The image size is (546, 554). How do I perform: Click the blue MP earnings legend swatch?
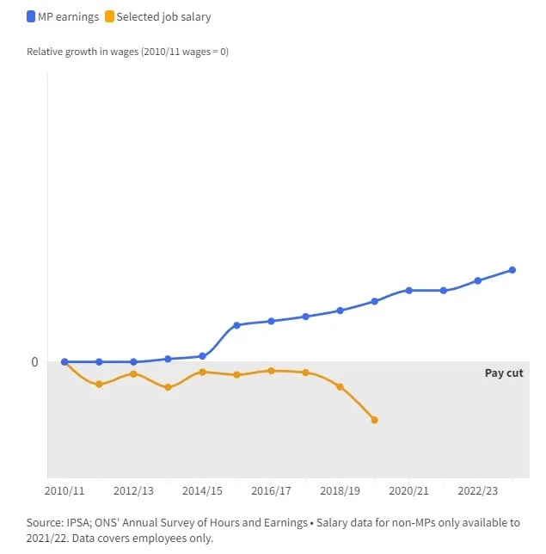click(31, 16)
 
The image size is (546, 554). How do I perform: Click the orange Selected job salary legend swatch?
click(109, 16)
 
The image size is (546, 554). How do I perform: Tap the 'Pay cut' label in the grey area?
click(504, 372)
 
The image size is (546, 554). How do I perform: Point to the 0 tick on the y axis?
click(34, 362)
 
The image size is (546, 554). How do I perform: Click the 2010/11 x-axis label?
click(64, 490)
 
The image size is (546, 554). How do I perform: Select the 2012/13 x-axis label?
click(133, 490)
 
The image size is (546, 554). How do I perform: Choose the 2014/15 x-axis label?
click(202, 490)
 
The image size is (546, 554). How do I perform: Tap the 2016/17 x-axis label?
click(271, 490)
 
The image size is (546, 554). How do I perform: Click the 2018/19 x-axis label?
click(340, 490)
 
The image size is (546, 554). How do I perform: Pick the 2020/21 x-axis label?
click(408, 490)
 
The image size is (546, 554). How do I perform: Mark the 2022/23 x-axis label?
click(477, 490)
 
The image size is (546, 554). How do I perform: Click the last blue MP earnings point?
click(512, 270)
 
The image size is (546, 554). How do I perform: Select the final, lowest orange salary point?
click(374, 420)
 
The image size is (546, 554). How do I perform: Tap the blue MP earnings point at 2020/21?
click(408, 291)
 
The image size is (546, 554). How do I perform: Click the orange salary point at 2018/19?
click(340, 387)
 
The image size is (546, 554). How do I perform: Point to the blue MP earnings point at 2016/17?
click(271, 321)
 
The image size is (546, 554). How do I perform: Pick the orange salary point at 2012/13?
click(133, 374)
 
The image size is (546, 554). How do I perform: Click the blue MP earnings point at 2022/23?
click(477, 280)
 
